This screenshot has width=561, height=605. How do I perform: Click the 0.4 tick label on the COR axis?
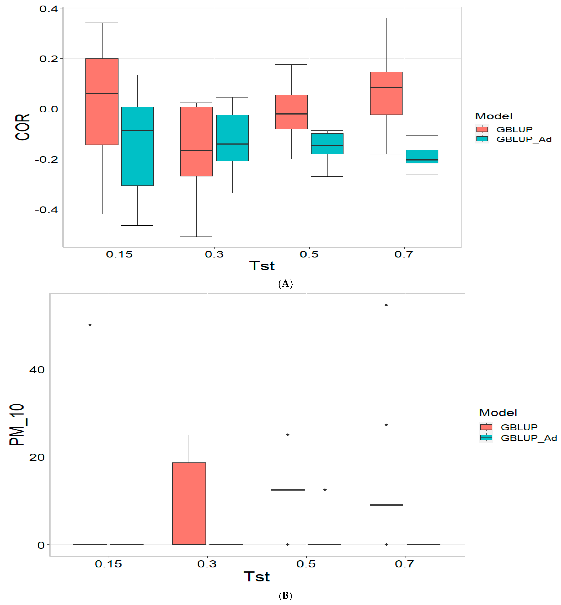49,9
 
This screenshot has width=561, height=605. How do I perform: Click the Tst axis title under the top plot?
262,266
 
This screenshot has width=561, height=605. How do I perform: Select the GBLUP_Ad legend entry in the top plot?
524,139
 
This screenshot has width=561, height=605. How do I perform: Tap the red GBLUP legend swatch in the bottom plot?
486,427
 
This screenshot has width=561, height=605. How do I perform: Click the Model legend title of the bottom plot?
498,412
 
